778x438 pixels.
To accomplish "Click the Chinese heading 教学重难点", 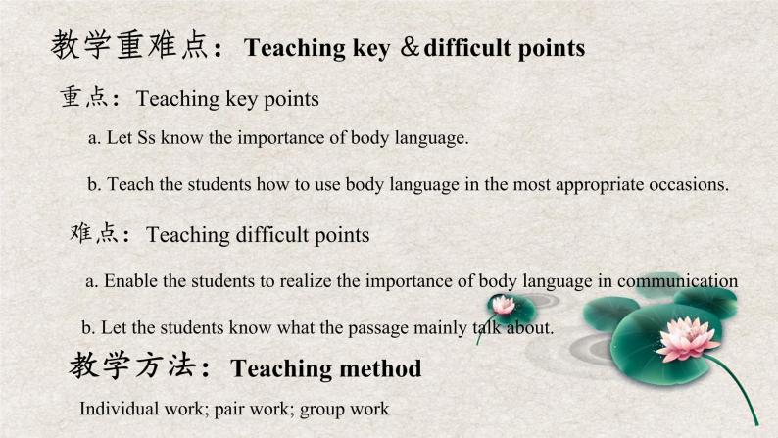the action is (129, 45).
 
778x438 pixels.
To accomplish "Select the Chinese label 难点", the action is (94, 232).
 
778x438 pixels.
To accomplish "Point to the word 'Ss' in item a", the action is (146, 137).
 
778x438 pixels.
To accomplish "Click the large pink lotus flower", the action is (687, 339).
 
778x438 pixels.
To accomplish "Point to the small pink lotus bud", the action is (503, 305).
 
